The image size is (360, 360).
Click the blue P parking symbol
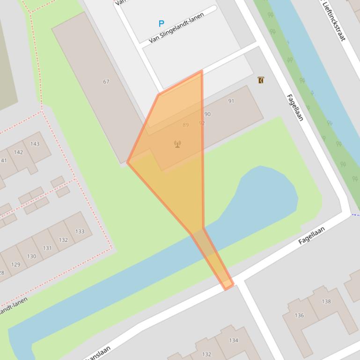pos(162,23)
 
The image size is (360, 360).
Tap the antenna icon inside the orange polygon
pos(177,144)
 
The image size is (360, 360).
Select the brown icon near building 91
pos(261,80)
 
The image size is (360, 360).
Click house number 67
pos(106,81)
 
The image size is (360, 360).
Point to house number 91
pos(231,101)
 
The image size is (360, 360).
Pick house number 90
pos(207,114)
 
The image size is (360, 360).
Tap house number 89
pos(186,125)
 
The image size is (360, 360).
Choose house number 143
pos(35,144)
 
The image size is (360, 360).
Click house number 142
pos(18,152)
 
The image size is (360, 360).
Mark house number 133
pos(80,231)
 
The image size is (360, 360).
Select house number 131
pos(47,248)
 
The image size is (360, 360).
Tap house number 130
pos(31,256)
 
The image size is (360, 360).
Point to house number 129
pos(15,264)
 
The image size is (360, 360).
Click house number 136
pos(299,315)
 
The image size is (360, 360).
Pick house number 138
pos(326,301)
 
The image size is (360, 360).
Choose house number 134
pos(234,340)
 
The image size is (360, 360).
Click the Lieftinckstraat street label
pos(334,21)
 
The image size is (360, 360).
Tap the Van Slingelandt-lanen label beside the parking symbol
pos(176,28)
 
